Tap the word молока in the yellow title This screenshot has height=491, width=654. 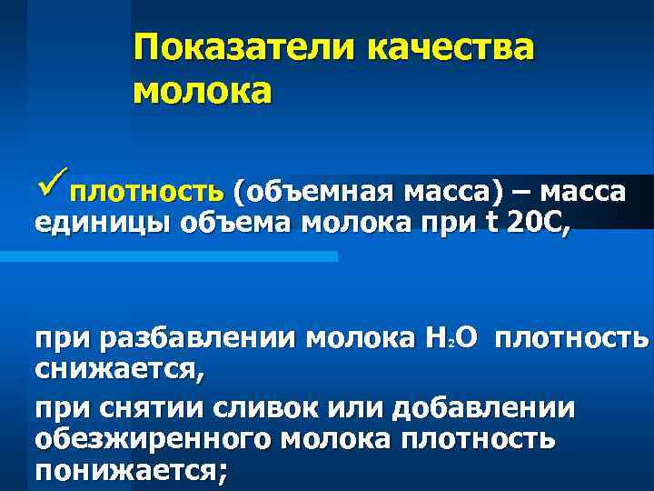point(202,92)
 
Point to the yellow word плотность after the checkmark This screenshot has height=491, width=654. point(147,193)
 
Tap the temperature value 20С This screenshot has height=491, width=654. point(542,222)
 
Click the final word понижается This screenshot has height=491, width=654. point(132,470)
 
